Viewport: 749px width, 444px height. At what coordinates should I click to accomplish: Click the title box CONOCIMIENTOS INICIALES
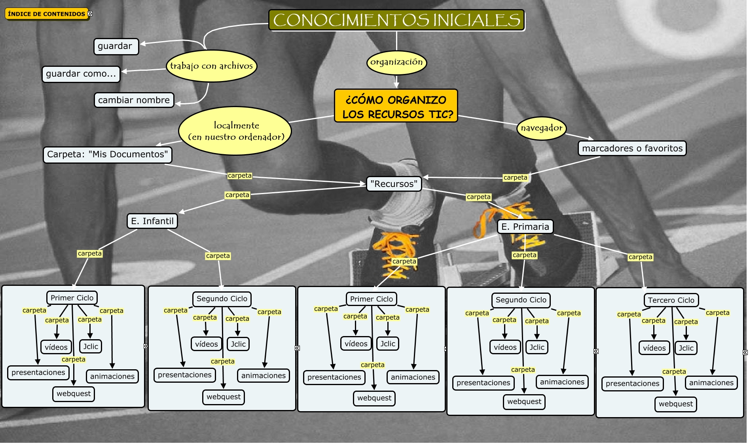[x=396, y=20]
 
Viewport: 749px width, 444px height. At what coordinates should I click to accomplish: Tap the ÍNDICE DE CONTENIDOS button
[x=47, y=14]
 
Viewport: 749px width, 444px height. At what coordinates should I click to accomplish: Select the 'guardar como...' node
[x=81, y=74]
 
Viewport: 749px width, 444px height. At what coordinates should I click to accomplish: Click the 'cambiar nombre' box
[x=134, y=100]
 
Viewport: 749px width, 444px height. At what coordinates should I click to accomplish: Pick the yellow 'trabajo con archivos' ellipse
[x=211, y=66]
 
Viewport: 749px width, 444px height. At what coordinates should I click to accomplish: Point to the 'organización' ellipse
[x=396, y=62]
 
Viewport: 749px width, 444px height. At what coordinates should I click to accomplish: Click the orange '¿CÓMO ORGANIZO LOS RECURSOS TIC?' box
[x=396, y=106]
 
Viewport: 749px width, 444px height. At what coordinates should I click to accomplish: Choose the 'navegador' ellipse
[x=541, y=128]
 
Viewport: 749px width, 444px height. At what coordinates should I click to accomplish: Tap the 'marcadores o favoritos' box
[x=632, y=148]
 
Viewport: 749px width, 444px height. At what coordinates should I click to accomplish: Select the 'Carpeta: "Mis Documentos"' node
[x=107, y=154]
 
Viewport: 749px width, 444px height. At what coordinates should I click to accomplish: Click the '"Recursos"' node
[x=394, y=184]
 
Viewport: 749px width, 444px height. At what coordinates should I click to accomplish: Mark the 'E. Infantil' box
[x=152, y=221]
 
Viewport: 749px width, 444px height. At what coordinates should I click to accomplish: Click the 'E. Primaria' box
[x=525, y=227]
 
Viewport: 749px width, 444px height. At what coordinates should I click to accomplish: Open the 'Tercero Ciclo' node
[x=671, y=300]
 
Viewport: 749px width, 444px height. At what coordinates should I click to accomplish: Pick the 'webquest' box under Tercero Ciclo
[x=676, y=404]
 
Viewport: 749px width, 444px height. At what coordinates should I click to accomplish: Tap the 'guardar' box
[x=115, y=46]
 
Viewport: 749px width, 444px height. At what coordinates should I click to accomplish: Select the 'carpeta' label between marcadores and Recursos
[x=515, y=178]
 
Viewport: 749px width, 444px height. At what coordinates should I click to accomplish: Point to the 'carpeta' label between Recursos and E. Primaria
[x=478, y=197]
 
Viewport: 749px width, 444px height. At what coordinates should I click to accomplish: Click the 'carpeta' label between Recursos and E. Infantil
[x=237, y=195]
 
